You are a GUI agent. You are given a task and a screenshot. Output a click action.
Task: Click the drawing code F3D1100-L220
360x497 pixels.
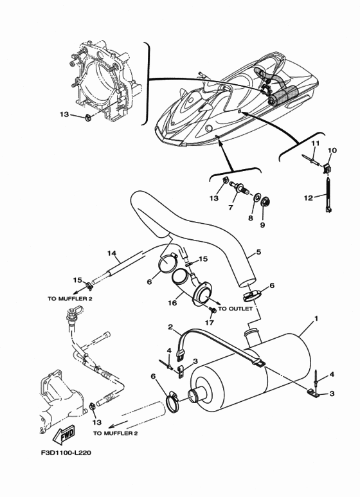tap(66, 453)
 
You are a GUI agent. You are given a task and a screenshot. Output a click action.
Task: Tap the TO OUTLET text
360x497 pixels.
tap(235, 309)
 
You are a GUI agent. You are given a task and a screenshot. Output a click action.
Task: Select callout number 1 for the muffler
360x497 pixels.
tap(316, 318)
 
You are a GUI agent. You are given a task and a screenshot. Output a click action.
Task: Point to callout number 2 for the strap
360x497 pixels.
tap(170, 327)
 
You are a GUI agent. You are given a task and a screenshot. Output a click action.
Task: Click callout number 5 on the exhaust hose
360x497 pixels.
tap(258, 252)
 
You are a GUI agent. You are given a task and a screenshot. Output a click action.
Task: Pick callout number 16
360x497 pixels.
tap(172, 303)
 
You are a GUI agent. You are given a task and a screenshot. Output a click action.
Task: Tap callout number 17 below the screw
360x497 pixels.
tap(210, 323)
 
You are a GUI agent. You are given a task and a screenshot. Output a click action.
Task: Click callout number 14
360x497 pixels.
tap(112, 253)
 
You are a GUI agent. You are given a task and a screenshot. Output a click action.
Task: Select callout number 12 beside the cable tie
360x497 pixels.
tap(309, 198)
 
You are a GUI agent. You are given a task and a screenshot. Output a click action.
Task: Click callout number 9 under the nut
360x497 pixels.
tap(262, 225)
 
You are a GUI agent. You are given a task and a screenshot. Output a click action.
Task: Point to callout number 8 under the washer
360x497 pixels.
tap(250, 218)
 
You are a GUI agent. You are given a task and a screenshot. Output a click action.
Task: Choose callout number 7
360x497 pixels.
tap(231, 207)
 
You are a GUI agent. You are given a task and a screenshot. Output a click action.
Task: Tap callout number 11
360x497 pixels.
tap(315, 143)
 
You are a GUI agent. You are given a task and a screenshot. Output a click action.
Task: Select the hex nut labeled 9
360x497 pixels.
tap(264, 202)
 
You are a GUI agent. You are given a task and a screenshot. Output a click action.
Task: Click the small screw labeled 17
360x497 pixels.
tap(213, 310)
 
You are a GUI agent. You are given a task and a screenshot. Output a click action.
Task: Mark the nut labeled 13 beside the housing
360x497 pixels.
tap(87, 118)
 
